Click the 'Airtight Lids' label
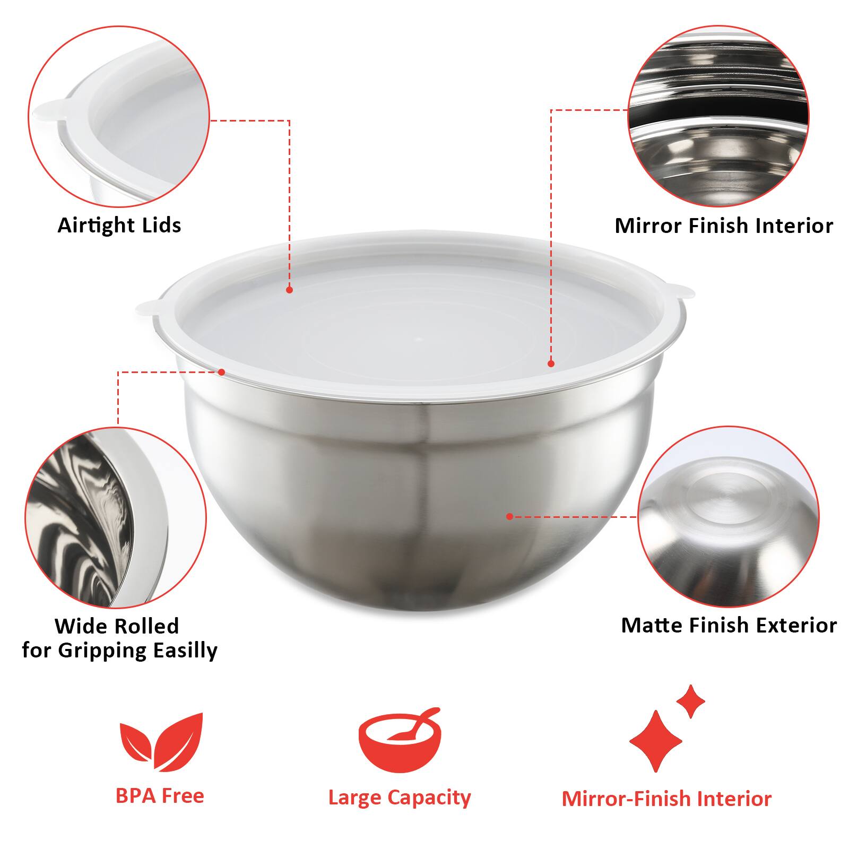pyautogui.click(x=119, y=225)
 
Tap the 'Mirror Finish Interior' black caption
pyautogui.click(x=724, y=226)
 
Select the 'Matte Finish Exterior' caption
pyautogui.click(x=729, y=625)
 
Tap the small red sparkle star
pyautogui.click(x=690, y=701)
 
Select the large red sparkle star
pyautogui.click(x=656, y=741)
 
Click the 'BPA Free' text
pyautogui.click(x=160, y=795)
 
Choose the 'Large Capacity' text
pyautogui.click(x=400, y=798)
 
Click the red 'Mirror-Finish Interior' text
pyautogui.click(x=666, y=799)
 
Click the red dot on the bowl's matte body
pyautogui.click(x=509, y=516)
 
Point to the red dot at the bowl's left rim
pyautogui.click(x=222, y=372)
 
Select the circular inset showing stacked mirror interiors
pyautogui.click(x=718, y=116)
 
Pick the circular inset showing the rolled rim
pyautogui.click(x=116, y=517)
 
